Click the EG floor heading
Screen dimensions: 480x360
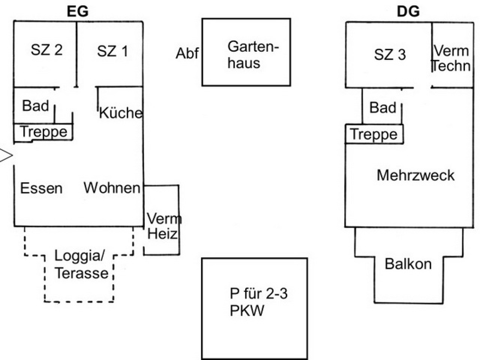pos(78,11)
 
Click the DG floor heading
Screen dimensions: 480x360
pos(408,11)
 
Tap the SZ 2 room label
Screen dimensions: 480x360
pos(46,50)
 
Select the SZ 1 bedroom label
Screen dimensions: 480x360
pos(112,51)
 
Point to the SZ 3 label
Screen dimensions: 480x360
pos(390,54)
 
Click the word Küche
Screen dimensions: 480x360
pos(121,113)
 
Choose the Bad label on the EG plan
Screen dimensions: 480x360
pos(35,106)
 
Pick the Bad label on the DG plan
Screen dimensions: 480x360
pos(383,107)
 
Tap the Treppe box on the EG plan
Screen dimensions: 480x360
pos(43,132)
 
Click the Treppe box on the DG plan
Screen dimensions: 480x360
pos(374,134)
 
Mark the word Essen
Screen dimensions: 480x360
pos(41,188)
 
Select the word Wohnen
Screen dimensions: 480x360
pos(112,188)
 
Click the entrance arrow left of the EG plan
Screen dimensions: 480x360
pos(6,155)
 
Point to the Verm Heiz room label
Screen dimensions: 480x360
pos(163,226)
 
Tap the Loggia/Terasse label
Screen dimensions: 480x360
pos(81,264)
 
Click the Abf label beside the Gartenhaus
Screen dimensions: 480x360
pos(187,53)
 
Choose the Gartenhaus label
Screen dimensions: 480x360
pos(253,55)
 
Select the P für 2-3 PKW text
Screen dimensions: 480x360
pos(258,302)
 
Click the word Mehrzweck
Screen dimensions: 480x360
pos(415,175)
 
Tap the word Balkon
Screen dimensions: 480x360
pos(408,264)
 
